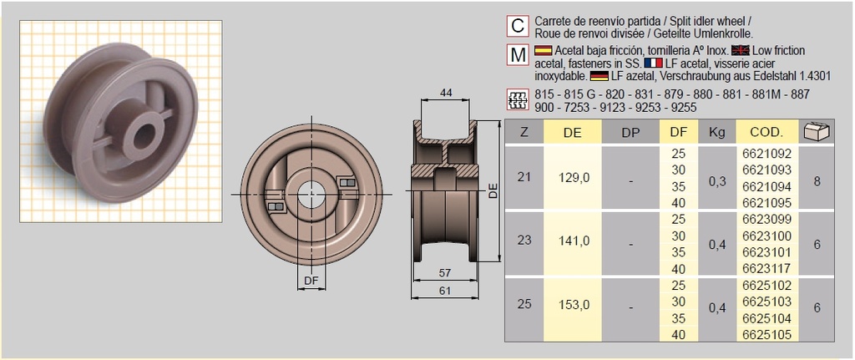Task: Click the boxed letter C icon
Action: point(518,27)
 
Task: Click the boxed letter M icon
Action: point(518,56)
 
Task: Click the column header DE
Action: point(572,132)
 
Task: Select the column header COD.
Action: point(766,132)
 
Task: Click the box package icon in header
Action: point(816,131)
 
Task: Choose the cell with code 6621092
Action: point(766,154)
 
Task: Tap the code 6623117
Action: point(766,269)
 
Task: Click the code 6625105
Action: point(766,333)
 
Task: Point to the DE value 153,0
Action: point(572,304)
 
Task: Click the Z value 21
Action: point(524,178)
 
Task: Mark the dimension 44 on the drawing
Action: point(447,94)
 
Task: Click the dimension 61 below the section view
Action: point(447,290)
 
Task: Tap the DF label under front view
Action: point(311,281)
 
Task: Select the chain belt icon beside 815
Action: point(518,100)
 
